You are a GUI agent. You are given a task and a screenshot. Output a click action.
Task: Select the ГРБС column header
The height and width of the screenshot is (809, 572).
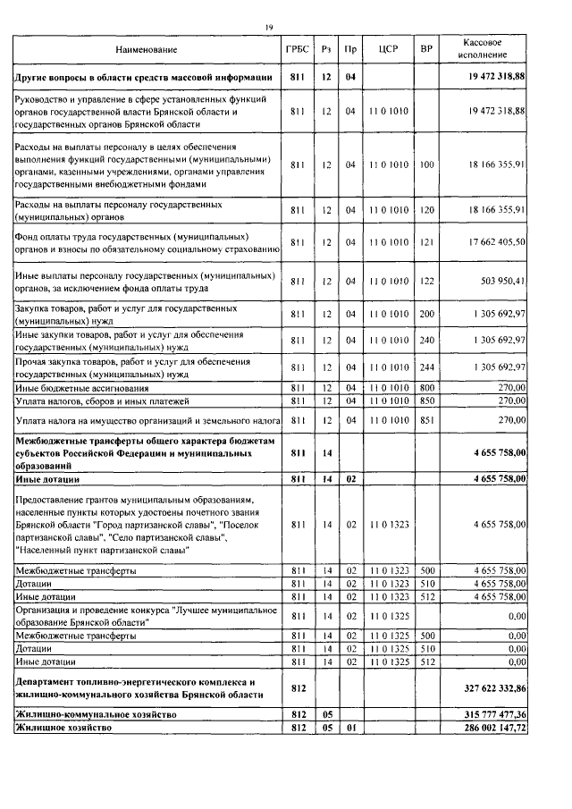[298, 49]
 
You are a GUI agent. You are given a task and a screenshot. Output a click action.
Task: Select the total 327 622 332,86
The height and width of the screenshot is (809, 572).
[491, 689]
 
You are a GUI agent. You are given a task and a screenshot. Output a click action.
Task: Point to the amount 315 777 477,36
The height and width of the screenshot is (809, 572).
[491, 716]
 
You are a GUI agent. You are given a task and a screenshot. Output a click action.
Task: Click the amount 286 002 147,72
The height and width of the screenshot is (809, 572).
[491, 729]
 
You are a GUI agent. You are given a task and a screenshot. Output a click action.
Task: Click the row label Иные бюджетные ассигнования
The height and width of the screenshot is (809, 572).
[79, 387]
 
